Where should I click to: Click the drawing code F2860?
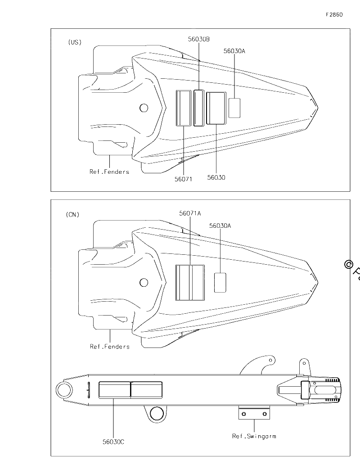(334, 14)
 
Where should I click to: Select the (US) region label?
(74, 42)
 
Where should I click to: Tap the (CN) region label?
(72, 214)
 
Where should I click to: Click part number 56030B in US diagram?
(199, 39)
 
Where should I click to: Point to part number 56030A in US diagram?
(234, 51)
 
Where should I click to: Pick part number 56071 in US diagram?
(183, 179)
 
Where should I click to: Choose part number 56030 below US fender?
(216, 177)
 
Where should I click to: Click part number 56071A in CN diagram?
(190, 213)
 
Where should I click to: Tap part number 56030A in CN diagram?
(220, 226)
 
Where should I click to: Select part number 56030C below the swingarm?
(113, 442)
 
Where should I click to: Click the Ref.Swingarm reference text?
(254, 436)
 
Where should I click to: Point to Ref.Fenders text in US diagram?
(109, 172)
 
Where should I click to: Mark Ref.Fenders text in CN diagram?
(110, 346)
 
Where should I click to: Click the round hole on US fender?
(144, 108)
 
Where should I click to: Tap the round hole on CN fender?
(144, 283)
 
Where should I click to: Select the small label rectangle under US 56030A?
(234, 108)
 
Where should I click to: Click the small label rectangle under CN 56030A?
(220, 283)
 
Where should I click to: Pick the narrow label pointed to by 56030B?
(199, 108)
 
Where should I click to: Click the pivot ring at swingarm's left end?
(64, 390)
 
